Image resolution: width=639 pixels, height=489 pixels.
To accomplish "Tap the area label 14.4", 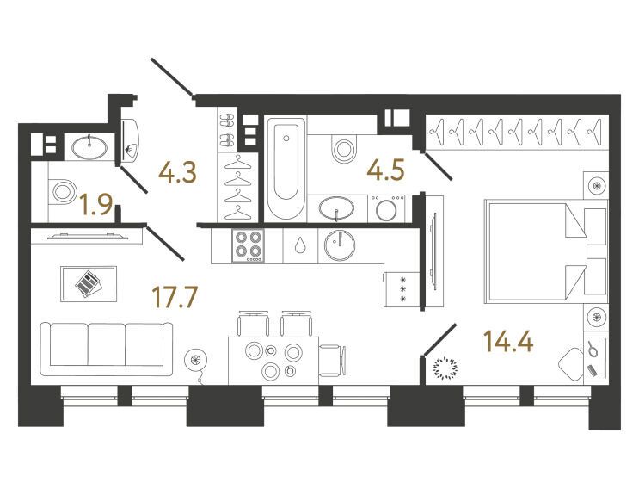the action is click(507, 341).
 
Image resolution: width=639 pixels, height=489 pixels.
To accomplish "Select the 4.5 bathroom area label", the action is click(385, 170).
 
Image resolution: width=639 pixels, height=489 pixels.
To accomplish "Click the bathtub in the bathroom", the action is click(286, 169).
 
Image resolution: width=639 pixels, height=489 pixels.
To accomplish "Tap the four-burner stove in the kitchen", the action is click(248, 245).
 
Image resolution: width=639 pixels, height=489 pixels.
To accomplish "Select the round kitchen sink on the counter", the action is click(340, 245).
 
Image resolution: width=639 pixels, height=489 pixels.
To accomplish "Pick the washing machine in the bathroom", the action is click(385, 209).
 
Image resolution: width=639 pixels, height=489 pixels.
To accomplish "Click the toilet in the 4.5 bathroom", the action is click(343, 149).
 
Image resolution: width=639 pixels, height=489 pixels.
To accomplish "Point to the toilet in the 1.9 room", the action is click(62, 191).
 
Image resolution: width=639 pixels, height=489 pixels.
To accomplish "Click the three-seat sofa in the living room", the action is click(107, 350).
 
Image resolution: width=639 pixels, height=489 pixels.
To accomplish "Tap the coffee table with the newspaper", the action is click(89, 284).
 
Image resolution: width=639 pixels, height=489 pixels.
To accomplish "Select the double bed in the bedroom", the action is click(545, 253).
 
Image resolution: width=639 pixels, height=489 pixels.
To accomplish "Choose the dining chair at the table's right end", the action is click(333, 361).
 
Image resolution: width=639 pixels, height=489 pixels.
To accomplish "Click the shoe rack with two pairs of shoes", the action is click(227, 131).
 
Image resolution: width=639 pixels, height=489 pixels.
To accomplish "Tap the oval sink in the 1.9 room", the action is click(89, 147).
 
